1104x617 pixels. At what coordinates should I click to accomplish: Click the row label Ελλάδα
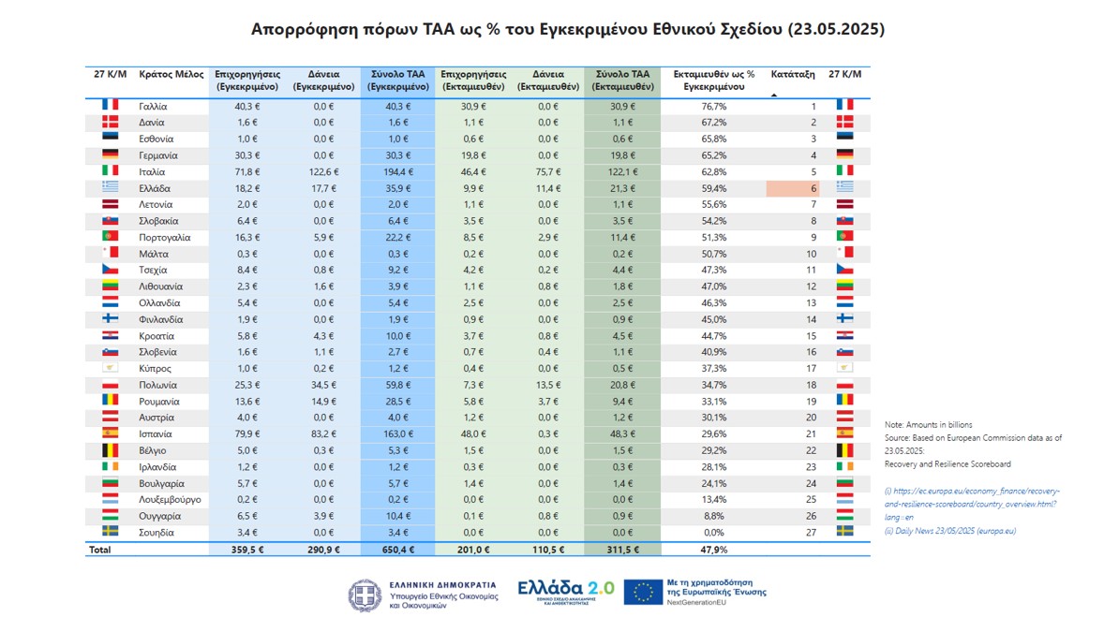point(153,188)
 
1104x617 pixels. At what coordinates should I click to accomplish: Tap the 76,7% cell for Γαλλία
point(714,107)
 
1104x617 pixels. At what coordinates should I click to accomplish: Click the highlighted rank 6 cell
point(793,188)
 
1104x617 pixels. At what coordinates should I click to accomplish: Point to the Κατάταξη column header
point(792,74)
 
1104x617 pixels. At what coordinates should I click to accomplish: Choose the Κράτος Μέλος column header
point(171,74)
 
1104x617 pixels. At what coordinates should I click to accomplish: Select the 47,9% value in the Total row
point(714,550)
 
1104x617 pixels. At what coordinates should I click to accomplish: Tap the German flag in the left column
point(110,155)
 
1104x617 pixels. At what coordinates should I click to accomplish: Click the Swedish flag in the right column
point(844,533)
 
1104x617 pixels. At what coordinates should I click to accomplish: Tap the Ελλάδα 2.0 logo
point(566,591)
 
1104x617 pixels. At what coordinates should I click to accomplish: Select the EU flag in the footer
point(643,592)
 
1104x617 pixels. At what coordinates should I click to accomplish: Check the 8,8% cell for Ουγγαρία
point(714,516)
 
